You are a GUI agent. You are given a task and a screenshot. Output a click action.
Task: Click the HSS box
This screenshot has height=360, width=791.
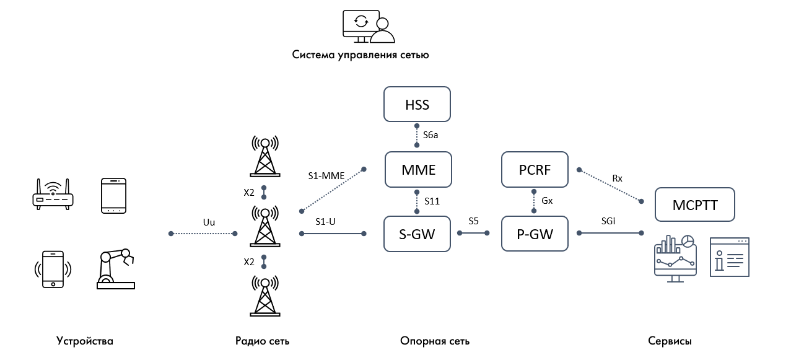point(417,104)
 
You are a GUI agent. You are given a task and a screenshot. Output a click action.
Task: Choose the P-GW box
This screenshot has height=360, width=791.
point(535,234)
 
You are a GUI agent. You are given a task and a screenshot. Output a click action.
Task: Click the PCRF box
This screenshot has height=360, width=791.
point(535,170)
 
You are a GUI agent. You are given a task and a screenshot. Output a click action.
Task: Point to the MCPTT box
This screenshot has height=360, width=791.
point(695,204)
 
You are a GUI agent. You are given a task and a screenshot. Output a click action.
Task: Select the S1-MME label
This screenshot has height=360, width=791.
point(326,176)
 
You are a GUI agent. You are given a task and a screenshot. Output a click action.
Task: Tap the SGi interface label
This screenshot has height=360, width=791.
point(608,221)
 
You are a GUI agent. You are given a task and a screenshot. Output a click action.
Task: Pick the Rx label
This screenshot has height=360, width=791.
point(617,178)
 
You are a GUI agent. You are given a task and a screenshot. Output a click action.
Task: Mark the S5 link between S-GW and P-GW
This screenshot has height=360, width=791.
point(473,233)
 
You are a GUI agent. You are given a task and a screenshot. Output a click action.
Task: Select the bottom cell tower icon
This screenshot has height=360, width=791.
point(264,294)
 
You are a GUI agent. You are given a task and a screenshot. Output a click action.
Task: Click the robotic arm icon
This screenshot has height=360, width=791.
point(116,269)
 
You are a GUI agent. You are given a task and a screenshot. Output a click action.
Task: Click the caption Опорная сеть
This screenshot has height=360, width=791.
point(435,341)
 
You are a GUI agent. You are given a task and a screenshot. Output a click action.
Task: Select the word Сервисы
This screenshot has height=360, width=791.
point(670,341)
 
